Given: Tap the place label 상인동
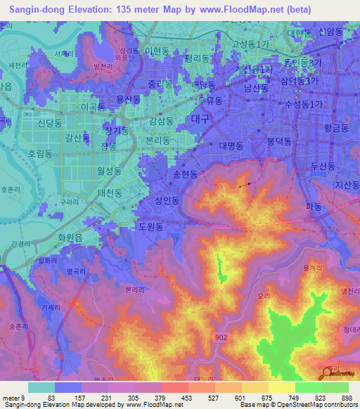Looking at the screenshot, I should pos(167,200).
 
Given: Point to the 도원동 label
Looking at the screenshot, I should pos(150,227).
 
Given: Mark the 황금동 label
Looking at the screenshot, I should pos(336,128).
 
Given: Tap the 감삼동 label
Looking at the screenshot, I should pos(161,121).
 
